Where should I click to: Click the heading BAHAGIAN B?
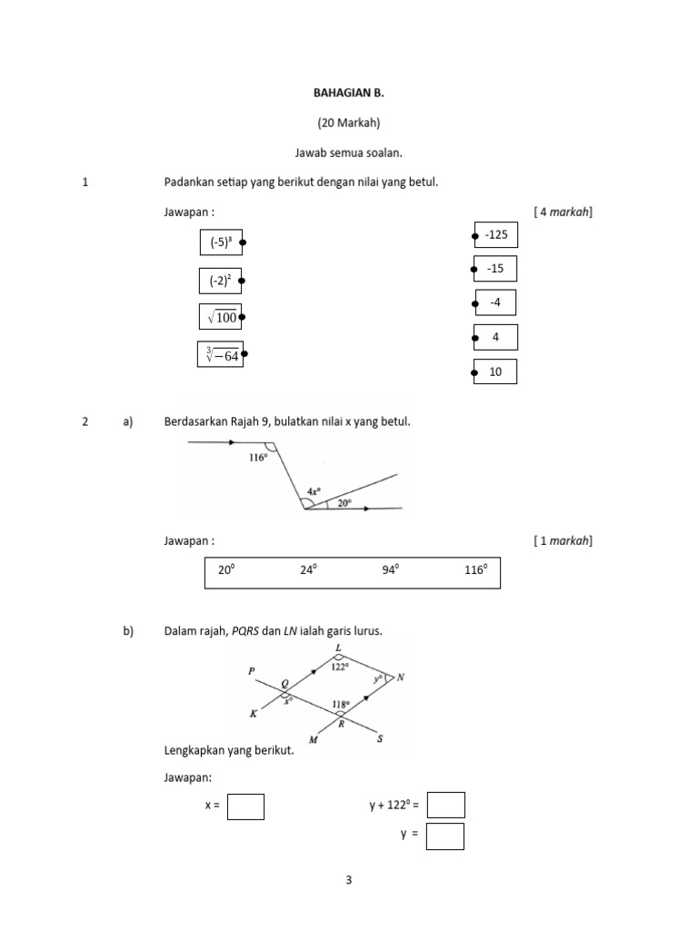pos(349,93)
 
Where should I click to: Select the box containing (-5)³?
pos(221,242)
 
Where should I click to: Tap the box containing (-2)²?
pos(220,281)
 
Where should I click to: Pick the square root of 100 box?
pos(221,317)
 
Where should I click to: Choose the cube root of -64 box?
pos(221,354)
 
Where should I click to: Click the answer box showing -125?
pos(495,234)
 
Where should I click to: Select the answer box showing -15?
pos(495,268)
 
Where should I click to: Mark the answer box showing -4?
pos(495,302)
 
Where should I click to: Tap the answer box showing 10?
pos(495,371)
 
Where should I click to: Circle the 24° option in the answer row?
pos(309,570)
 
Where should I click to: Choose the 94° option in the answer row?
pos(391,570)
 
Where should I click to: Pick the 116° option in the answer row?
pos(476,570)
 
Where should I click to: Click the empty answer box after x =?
pos(245,806)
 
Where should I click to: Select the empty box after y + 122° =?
pos(445,806)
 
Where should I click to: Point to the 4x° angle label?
pos(314,491)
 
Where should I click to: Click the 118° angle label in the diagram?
pos(340,704)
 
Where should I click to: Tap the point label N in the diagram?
pos(401,678)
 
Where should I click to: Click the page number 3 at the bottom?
pos(349,879)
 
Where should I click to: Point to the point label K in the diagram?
pos(254,714)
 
